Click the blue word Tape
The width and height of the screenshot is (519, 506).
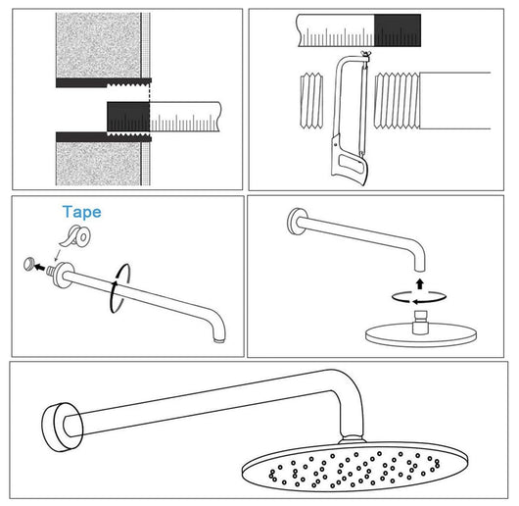pos(81,213)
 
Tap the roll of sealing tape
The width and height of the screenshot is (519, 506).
pos(75,236)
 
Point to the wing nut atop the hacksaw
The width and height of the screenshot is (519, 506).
pos(366,54)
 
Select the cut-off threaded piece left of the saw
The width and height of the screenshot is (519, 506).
pos(311,101)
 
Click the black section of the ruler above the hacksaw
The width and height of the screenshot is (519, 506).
pos(398,30)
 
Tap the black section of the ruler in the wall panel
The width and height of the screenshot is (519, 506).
pos(128,117)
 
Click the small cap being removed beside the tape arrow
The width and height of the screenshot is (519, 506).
pos(28,264)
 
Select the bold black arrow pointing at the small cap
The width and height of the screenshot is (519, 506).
pos(40,266)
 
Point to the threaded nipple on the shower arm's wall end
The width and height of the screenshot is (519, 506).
pos(52,270)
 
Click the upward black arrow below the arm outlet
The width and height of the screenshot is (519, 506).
pos(420,284)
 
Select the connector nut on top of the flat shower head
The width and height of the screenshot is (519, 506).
pos(420,322)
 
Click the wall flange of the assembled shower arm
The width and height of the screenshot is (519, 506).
pos(62,427)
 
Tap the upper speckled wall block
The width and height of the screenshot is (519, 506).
pos(98,45)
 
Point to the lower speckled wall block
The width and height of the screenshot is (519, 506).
pos(98,164)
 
